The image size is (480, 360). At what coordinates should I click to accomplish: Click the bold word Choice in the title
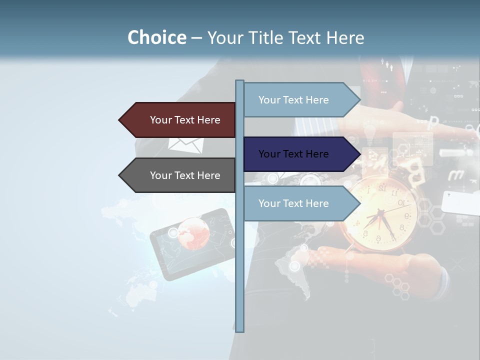tap(156, 38)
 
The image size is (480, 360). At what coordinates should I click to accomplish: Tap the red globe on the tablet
tap(192, 233)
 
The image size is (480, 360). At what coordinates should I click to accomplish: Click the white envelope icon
tap(185, 145)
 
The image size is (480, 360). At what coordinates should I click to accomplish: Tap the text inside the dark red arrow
tap(185, 120)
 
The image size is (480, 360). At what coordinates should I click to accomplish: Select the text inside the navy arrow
tap(293, 154)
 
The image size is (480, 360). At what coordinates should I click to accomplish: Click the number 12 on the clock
tap(382, 188)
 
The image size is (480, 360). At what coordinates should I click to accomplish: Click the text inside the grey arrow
tap(185, 175)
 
